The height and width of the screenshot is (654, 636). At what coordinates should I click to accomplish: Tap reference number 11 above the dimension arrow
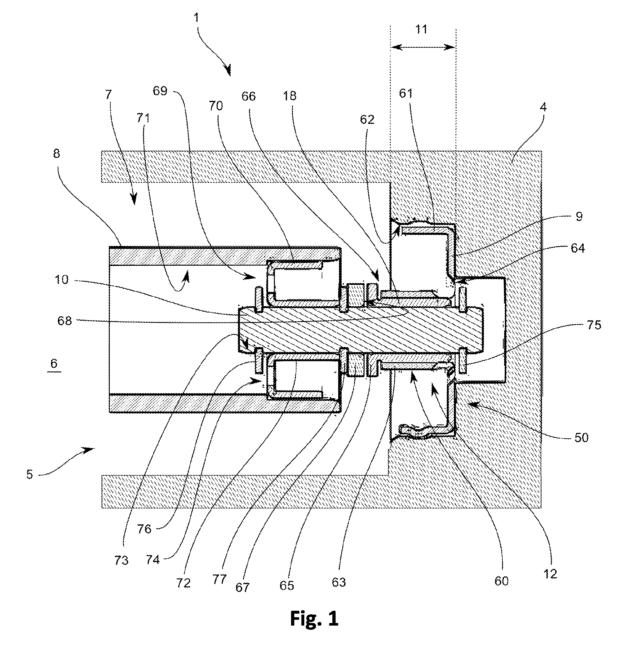421,29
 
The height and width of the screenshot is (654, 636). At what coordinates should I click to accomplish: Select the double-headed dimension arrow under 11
423,47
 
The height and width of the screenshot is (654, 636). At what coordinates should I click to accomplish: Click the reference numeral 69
160,91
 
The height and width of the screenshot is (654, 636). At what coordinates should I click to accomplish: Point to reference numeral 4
543,107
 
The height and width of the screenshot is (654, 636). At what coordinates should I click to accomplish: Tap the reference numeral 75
594,325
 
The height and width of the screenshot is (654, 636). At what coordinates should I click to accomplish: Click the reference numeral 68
65,321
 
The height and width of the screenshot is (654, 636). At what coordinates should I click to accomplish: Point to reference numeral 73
121,560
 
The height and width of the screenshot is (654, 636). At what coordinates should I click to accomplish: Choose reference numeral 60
501,581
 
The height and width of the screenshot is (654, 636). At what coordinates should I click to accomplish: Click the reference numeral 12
550,574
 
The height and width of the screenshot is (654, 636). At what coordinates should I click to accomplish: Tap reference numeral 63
339,582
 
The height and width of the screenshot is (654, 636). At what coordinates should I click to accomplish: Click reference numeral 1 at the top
197,18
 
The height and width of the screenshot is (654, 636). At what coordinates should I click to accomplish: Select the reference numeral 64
578,248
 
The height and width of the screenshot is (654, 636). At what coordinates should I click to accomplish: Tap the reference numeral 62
367,120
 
